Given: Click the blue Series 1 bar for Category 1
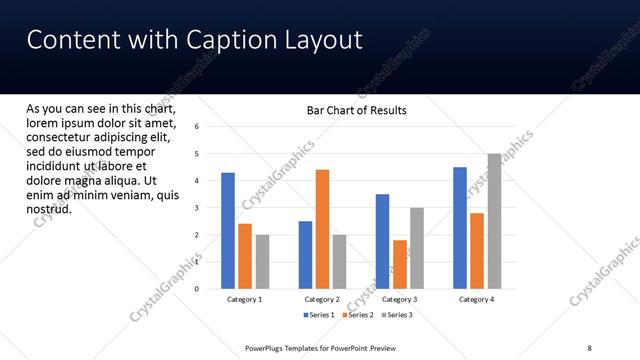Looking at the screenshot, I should click(228, 231).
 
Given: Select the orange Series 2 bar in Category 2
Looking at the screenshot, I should click(322, 229).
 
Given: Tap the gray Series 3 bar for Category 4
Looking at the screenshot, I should click(494, 221).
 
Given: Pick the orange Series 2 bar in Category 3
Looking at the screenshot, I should click(400, 264).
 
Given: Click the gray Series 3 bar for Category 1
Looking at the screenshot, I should click(262, 262).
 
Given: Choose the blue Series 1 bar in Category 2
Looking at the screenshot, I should click(305, 255).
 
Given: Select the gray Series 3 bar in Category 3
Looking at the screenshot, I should click(417, 248).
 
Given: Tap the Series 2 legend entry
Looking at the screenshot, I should click(358, 315).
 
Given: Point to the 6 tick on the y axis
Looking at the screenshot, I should click(197, 127).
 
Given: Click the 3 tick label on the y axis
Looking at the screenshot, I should click(197, 208).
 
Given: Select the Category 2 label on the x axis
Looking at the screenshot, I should click(322, 299).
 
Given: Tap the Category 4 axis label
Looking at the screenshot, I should click(477, 299).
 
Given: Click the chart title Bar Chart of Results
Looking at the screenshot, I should click(356, 111).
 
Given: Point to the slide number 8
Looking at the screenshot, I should click(590, 347).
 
